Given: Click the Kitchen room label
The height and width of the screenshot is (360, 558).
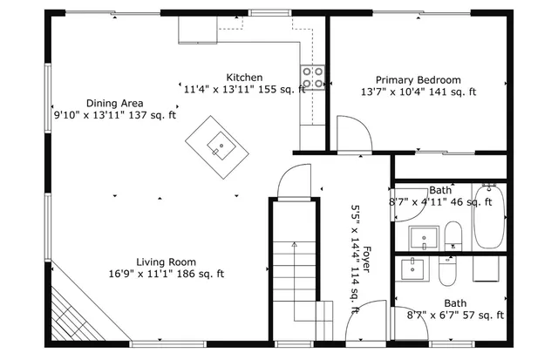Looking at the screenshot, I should [x=244, y=78].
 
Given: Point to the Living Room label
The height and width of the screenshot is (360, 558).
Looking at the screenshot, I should [x=166, y=262].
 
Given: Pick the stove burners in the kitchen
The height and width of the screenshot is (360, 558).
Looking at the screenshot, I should [x=313, y=77].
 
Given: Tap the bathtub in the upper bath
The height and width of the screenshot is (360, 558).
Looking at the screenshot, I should [x=488, y=216].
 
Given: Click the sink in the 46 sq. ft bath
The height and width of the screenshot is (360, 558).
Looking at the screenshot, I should [x=425, y=236].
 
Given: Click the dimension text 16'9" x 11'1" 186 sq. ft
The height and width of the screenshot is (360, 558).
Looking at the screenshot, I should [x=167, y=274].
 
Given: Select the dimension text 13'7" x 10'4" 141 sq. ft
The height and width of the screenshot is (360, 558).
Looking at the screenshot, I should [x=418, y=92].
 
